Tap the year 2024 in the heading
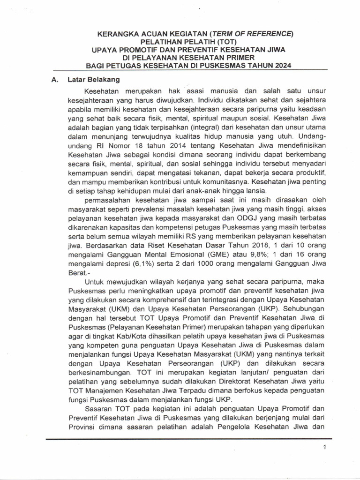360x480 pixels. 281,66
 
